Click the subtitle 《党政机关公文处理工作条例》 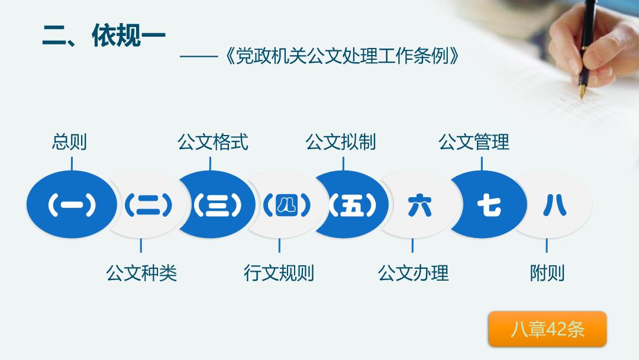pyautogui.click(x=342, y=56)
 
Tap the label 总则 pyautogui.click(x=69, y=142)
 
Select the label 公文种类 pyautogui.click(x=141, y=273)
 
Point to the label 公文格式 pyautogui.click(x=213, y=142)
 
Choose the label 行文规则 pyautogui.click(x=279, y=273)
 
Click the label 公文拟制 pyautogui.click(x=341, y=142)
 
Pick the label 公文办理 pyautogui.click(x=413, y=273)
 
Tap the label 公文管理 pyautogui.click(x=474, y=142)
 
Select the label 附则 pyautogui.click(x=547, y=273)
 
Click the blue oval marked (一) pyautogui.click(x=72, y=204)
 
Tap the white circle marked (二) pyautogui.click(x=149, y=204)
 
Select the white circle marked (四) pyautogui.click(x=287, y=204)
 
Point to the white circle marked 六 pyautogui.click(x=419, y=204)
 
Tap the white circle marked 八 pyautogui.click(x=554, y=204)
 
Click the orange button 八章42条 pyautogui.click(x=547, y=329)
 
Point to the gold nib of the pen pyautogui.click(x=582, y=91)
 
